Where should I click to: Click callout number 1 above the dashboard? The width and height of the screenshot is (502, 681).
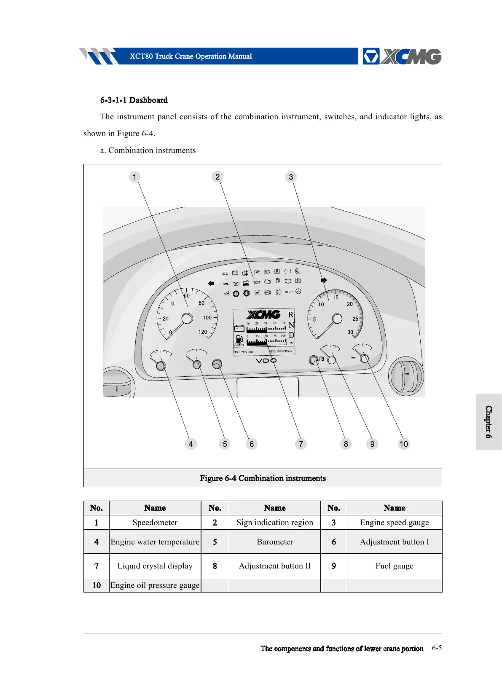point(134,177)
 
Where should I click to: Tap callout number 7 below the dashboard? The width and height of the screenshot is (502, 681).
point(301,444)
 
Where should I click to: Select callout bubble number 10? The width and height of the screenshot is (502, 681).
point(404,444)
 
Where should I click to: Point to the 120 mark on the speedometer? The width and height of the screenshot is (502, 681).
point(203,332)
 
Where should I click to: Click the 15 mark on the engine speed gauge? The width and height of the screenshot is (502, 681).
point(336,298)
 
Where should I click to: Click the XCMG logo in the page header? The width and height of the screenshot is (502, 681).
point(402,56)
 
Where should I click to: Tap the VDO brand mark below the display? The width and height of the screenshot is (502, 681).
point(266,361)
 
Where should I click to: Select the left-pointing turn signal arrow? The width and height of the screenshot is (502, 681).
point(211,284)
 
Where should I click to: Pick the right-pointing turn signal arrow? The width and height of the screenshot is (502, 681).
point(324,280)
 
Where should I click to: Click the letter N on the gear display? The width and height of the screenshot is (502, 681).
point(291,325)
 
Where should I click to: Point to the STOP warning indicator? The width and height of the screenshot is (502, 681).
point(289,292)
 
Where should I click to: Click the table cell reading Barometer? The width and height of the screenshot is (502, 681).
point(275,542)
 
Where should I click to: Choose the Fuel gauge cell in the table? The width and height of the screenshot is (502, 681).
point(394,566)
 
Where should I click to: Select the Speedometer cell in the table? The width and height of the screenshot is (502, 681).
point(155,523)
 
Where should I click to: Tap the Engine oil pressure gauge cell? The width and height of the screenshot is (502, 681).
point(155,585)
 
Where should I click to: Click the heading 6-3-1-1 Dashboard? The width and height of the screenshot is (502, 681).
point(134,100)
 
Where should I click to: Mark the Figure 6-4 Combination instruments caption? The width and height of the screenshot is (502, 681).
point(263,478)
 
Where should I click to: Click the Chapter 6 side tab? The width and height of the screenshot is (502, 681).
point(489,422)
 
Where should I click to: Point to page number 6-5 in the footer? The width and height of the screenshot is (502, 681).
point(437,648)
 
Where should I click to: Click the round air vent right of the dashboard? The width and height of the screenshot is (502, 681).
point(406,376)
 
